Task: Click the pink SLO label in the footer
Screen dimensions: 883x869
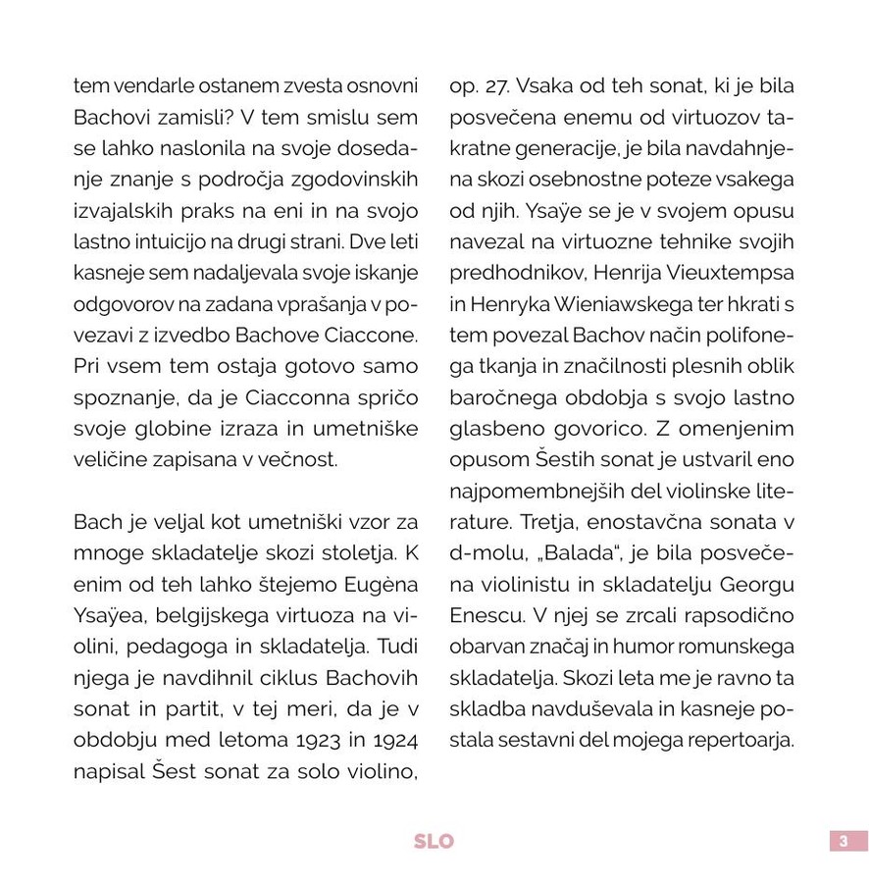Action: [434, 841]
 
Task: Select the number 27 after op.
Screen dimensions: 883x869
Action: [497, 86]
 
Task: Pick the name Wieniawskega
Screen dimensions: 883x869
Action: [609, 304]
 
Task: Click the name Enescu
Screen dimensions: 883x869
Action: [485, 616]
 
